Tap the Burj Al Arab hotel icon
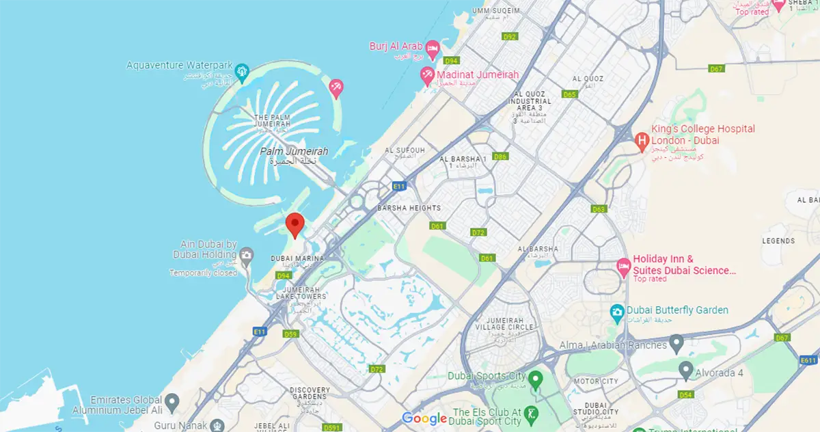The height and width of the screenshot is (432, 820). click(x=432, y=49)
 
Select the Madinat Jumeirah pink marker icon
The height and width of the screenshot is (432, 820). click(x=427, y=75)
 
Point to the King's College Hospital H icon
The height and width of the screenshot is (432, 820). click(x=642, y=141)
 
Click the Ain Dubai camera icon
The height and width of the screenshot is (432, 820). click(x=247, y=256)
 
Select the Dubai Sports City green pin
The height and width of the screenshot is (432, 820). click(x=536, y=377)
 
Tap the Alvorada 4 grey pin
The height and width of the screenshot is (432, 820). click(x=686, y=370)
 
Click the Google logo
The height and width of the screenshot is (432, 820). click(x=424, y=418)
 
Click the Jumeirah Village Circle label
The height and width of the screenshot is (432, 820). click(x=508, y=325)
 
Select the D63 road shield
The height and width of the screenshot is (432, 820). click(x=599, y=209)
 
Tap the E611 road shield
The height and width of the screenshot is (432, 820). click(x=808, y=360)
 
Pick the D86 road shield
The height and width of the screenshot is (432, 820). click(x=501, y=157)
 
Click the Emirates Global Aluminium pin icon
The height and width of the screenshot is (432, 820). click(x=172, y=400)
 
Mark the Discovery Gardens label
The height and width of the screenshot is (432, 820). click(x=310, y=394)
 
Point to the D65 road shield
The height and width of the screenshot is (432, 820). click(x=570, y=94)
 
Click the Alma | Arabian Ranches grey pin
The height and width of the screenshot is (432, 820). click(x=676, y=342)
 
